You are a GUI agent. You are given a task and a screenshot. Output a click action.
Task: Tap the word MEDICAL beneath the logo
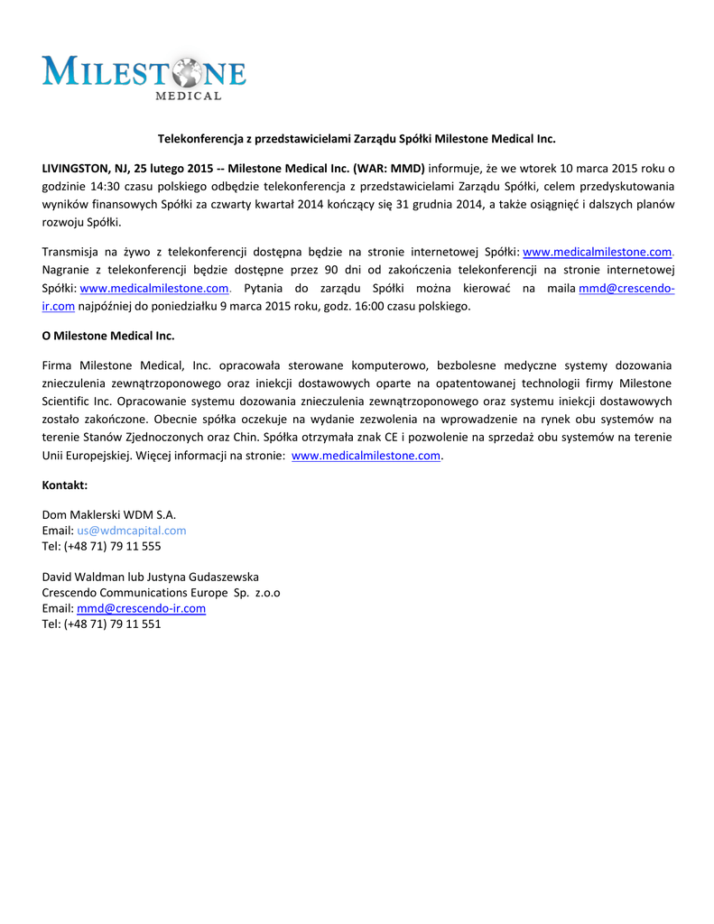pyautogui.click(x=189, y=95)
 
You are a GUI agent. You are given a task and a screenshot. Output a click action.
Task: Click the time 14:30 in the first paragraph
pyautogui.click(x=113, y=186)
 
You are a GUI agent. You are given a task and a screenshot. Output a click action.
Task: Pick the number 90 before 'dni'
pyautogui.click(x=332, y=270)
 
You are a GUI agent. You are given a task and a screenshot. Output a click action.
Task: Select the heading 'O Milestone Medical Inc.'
pyautogui.click(x=108, y=336)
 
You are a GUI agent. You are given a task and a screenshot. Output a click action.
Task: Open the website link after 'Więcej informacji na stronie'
pyautogui.click(x=366, y=456)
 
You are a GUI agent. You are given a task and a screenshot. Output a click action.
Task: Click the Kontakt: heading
pyautogui.click(x=65, y=485)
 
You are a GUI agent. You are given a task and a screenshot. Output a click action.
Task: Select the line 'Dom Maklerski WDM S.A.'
pyautogui.click(x=109, y=514)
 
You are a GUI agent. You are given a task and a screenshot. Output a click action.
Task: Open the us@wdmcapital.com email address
pyautogui.click(x=132, y=531)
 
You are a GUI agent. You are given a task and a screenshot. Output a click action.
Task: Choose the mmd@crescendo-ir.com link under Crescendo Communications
pyautogui.click(x=142, y=608)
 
